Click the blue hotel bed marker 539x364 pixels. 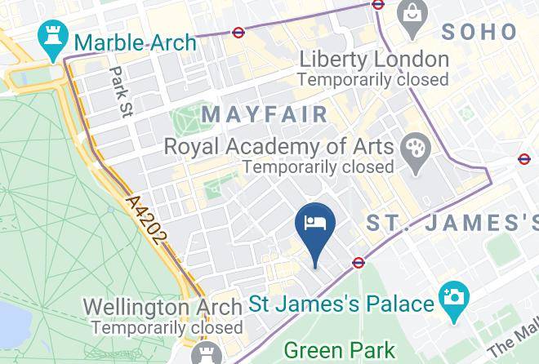315,224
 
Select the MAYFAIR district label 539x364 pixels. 265,114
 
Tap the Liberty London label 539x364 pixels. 374,60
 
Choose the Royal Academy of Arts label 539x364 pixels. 279,147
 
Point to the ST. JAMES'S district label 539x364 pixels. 452,222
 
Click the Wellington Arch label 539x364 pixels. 163,307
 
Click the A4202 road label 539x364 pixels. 148,219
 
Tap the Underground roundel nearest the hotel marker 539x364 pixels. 358,263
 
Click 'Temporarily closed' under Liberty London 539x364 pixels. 373,80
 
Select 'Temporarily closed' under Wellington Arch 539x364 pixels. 167,327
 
